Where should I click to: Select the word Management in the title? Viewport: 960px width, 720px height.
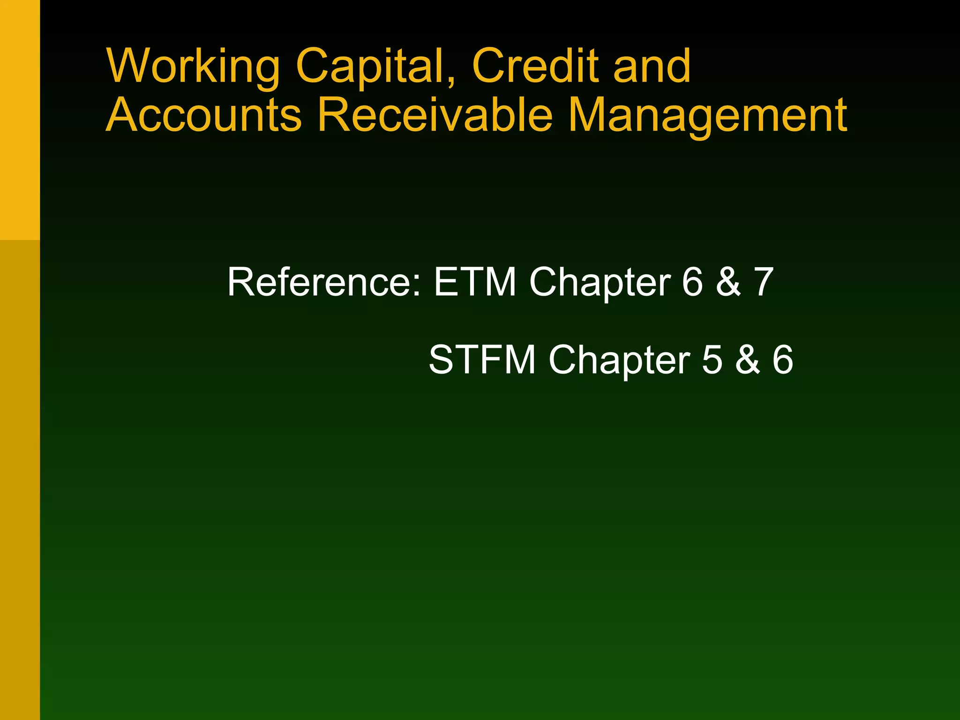click(708, 116)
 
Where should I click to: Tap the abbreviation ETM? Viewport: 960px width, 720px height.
click(475, 282)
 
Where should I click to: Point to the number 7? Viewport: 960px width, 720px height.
click(764, 282)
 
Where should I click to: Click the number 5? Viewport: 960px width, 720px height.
click(712, 360)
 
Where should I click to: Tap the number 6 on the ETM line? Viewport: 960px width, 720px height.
click(692, 282)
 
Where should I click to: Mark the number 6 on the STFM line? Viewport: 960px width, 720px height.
click(782, 360)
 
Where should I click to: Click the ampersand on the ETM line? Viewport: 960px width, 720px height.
click(728, 282)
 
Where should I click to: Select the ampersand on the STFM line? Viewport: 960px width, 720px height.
click(748, 360)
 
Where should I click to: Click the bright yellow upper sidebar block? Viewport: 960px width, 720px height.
click(20, 120)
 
